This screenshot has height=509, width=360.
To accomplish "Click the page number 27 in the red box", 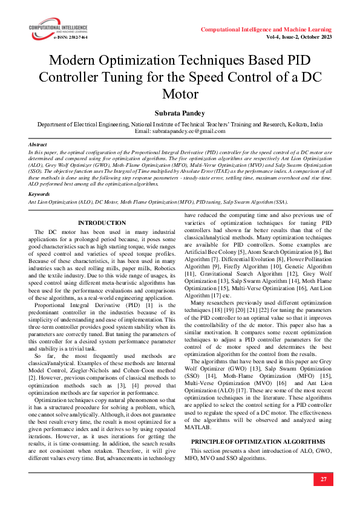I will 323,479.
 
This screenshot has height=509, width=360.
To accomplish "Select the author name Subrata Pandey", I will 180,112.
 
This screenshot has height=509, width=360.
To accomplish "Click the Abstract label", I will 38,145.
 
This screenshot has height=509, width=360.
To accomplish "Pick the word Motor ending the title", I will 180,94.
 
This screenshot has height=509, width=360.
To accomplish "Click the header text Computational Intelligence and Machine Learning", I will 266,29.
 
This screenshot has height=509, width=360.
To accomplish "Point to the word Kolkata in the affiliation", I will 296,123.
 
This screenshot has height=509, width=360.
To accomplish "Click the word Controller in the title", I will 68,78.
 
